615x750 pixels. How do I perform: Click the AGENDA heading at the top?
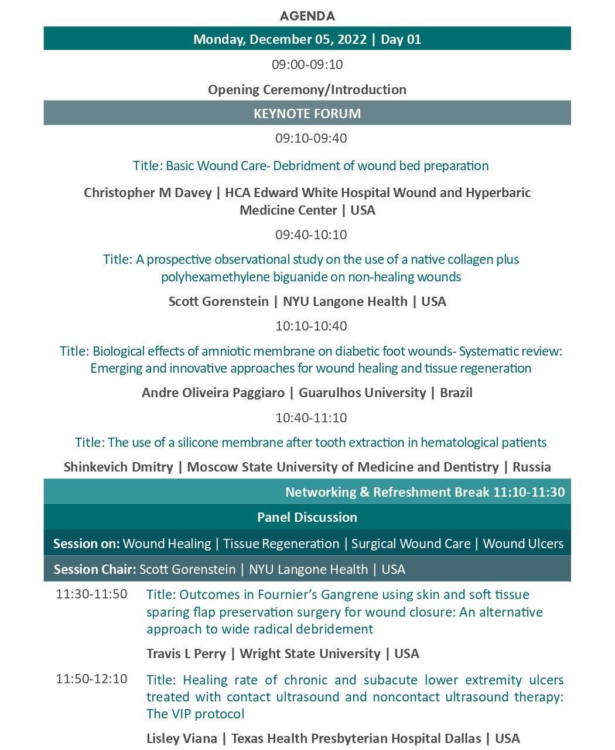point(307,16)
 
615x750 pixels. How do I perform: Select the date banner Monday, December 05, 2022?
point(307,39)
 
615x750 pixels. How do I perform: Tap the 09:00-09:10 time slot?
point(307,64)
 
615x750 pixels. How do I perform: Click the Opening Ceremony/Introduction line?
point(307,90)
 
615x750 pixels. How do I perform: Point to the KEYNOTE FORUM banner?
point(307,113)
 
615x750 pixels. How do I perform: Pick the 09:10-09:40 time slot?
point(311,139)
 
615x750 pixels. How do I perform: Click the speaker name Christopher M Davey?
point(148,192)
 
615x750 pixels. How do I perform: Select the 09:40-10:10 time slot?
point(311,235)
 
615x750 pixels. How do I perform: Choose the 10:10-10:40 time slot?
point(311,326)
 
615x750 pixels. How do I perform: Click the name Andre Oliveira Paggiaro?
point(213,393)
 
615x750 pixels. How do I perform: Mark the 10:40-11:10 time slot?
point(311,418)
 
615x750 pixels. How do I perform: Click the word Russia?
point(531,467)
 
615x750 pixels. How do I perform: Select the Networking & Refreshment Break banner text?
point(425,492)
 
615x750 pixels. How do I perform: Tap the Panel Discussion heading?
point(307,517)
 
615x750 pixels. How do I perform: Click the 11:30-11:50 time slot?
point(91,594)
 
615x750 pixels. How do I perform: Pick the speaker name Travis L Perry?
point(186,653)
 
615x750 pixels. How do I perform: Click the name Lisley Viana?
point(182,738)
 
